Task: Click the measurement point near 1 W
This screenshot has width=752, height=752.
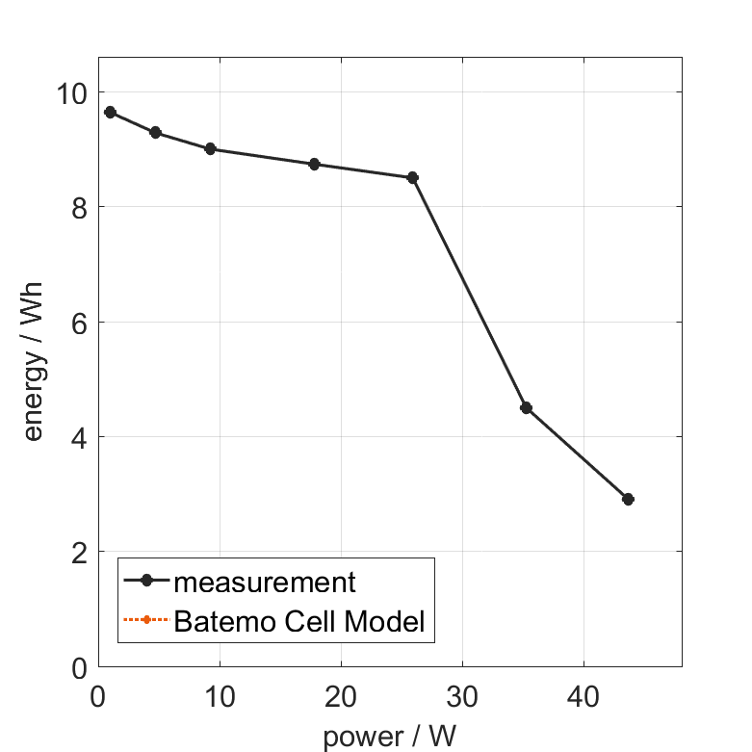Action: [110, 113]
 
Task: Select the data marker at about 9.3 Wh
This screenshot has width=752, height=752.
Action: [155, 133]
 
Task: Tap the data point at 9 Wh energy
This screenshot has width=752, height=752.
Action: [210, 149]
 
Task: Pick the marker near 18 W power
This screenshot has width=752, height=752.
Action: [314, 165]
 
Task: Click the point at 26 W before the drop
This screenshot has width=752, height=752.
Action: [413, 178]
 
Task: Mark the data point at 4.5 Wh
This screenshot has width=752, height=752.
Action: [526, 408]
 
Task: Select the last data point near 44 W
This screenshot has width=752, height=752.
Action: [628, 500]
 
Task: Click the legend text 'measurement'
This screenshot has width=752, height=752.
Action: [265, 583]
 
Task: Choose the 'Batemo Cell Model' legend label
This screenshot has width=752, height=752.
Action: [299, 621]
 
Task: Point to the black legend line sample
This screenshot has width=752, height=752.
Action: [145, 581]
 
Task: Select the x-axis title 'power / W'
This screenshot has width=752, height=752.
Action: [389, 738]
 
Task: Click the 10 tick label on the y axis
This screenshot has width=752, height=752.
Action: [71, 93]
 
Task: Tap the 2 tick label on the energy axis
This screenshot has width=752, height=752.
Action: [77, 553]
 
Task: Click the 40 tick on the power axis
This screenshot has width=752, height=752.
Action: [583, 697]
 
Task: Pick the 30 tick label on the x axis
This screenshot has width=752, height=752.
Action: [462, 697]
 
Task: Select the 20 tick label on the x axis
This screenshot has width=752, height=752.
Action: [341, 697]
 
